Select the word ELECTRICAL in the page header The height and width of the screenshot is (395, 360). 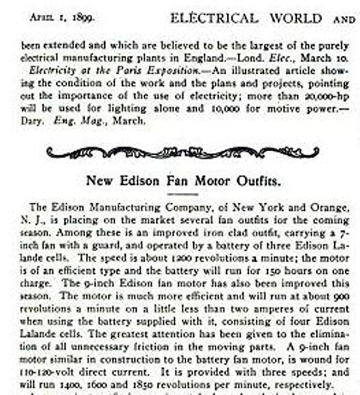click(214, 18)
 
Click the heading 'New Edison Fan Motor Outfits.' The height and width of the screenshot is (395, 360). click(183, 181)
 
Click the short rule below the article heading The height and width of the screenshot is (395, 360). click(182, 194)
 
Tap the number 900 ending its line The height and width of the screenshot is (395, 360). click(342, 297)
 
